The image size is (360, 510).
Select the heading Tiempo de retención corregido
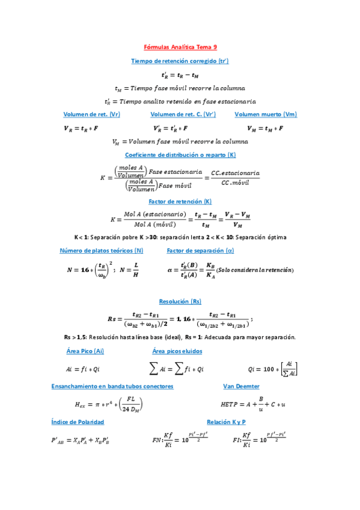[180, 61]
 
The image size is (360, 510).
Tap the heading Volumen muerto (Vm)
[266, 114]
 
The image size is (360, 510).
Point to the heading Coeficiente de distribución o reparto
[180, 155]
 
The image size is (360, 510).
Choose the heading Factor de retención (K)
[180, 201]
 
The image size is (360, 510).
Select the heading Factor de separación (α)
[200, 250]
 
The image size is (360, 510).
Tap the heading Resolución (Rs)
[180, 301]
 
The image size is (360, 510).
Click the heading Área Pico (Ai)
[85, 351]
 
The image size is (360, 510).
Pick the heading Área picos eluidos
[177, 351]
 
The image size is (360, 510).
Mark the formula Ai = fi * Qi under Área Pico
[83, 369]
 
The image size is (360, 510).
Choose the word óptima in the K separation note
[275, 237]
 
